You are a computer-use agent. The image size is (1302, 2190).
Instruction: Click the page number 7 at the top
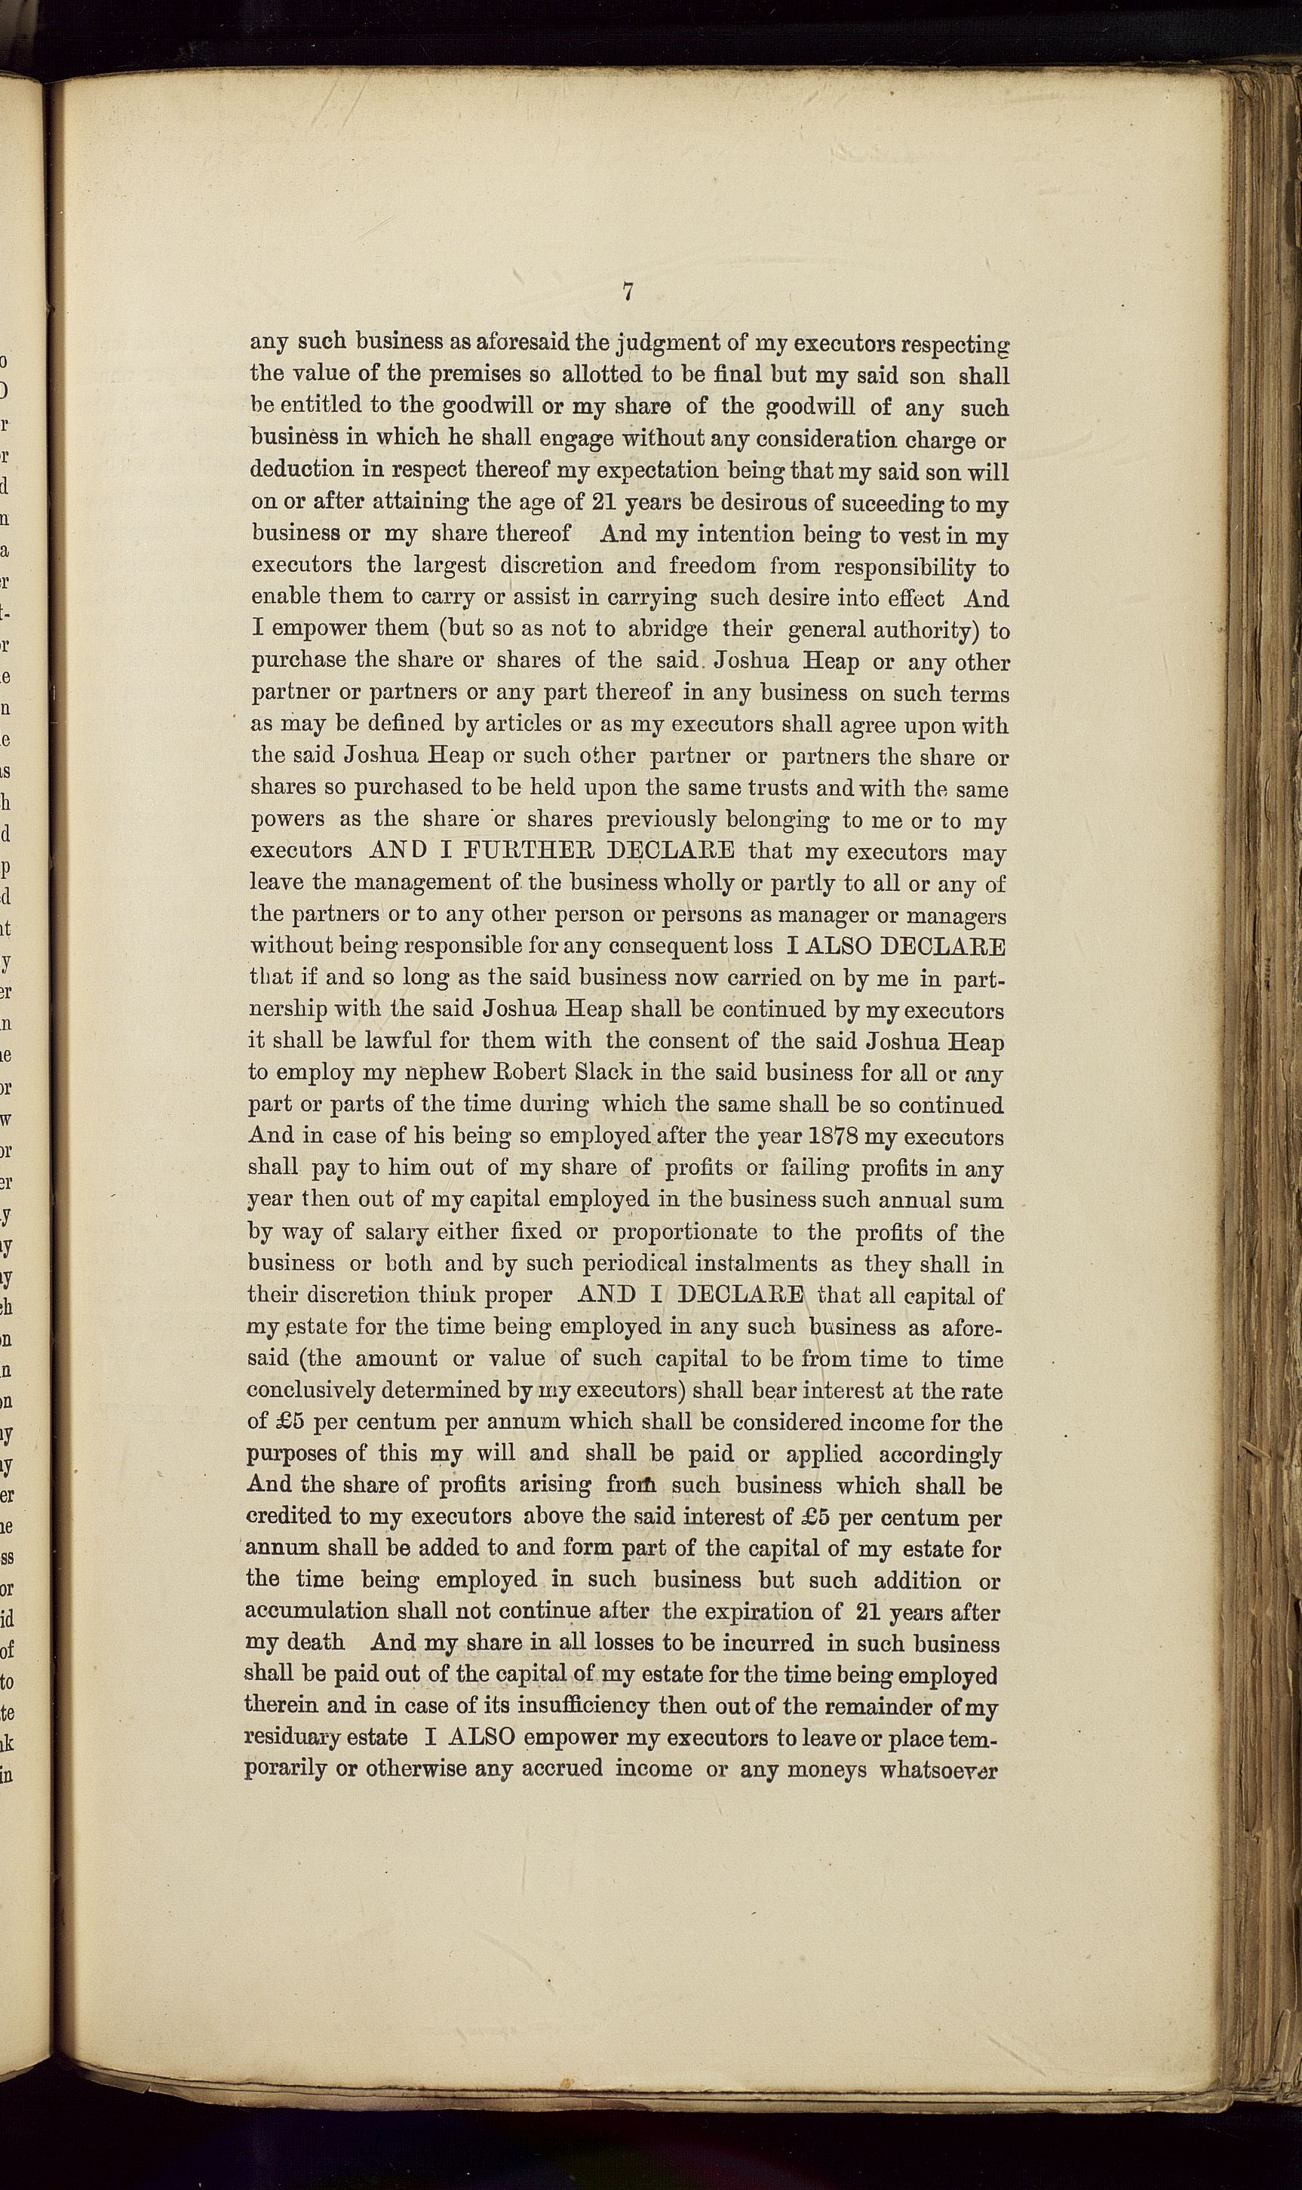628,292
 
